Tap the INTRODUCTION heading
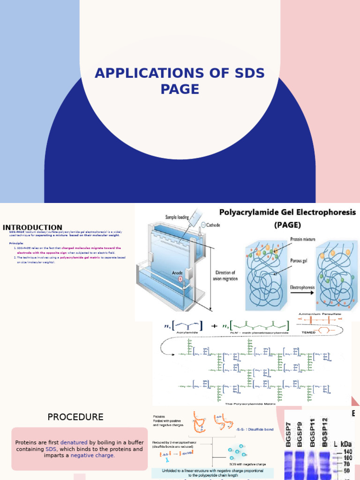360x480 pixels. [32, 227]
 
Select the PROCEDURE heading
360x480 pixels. [75, 417]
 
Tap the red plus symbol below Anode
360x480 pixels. [180, 278]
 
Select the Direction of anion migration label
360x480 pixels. [226, 276]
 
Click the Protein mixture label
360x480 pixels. [302, 239]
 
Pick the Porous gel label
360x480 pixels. [298, 261]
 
